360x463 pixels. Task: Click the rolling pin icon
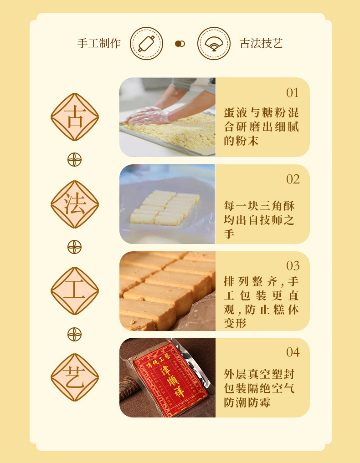(146, 44)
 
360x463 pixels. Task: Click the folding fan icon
(214, 44)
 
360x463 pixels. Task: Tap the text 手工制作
(99, 44)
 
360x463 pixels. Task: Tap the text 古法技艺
(261, 44)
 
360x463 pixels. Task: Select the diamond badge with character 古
(74, 117)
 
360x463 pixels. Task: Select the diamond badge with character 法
(74, 204)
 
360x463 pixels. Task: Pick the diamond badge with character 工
(74, 291)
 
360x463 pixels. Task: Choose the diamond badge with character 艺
(74, 377)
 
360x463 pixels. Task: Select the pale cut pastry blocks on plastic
(164, 208)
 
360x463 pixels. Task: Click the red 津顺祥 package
(171, 382)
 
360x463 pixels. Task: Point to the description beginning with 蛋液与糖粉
(261, 127)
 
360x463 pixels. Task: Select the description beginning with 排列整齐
(261, 302)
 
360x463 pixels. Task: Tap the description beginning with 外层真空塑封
(259, 388)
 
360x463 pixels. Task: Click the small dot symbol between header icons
(180, 44)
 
